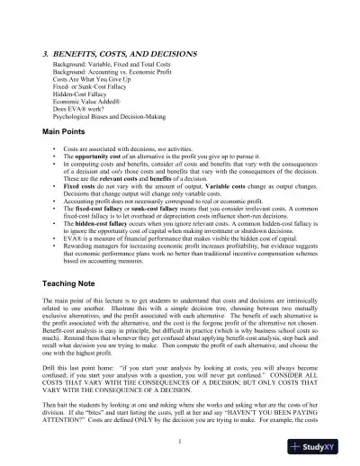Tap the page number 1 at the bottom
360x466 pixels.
click(x=180, y=441)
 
